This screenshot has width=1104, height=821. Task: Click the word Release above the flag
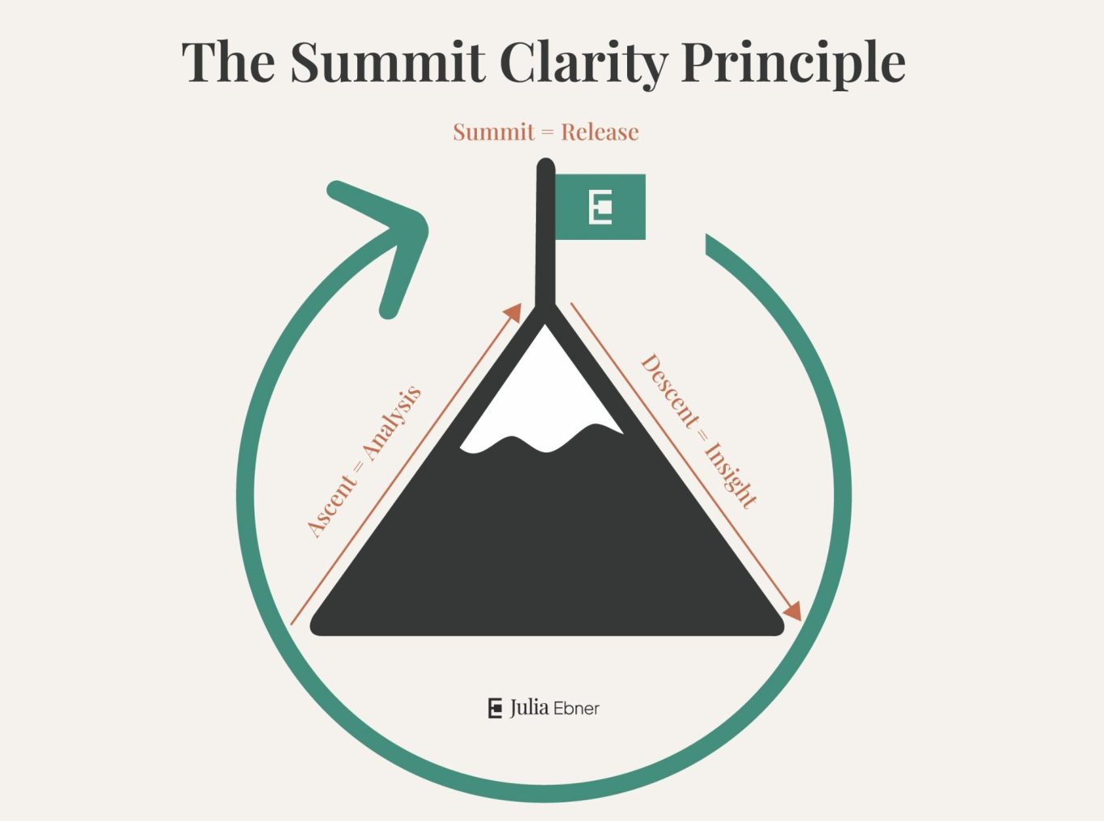pos(600,132)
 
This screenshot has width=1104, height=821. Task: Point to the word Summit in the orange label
pos(494,132)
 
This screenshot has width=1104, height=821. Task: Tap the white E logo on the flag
pos(600,207)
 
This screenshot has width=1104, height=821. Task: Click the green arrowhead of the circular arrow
pos(388,234)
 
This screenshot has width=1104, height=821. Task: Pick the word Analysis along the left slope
pos(392,424)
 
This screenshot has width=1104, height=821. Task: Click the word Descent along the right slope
pos(670,393)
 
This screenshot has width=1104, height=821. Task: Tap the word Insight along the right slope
pos(731,475)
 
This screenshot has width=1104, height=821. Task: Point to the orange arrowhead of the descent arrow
pos(792,611)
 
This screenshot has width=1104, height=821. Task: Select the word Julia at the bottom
pos(529,708)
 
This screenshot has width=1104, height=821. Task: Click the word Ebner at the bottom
pos(576,709)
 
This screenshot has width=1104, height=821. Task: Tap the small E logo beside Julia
pos(495,708)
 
